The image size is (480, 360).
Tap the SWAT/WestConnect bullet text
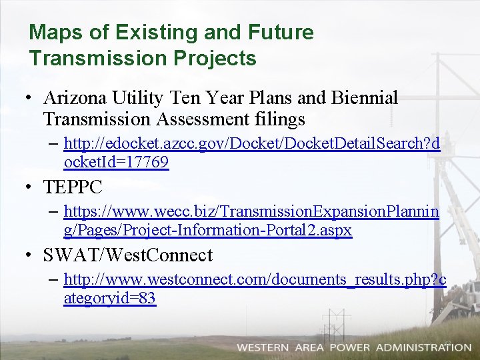point(127,255)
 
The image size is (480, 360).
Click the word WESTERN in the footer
point(263,347)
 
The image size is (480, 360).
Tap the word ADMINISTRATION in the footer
point(423,347)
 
